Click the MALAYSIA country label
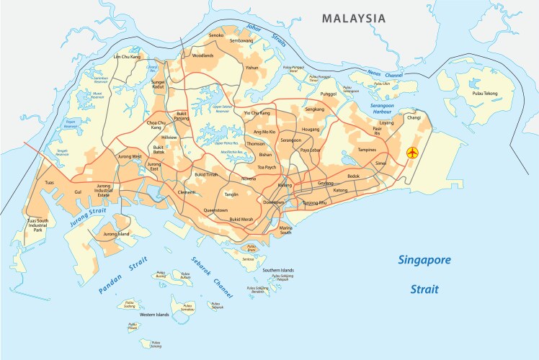[x=354, y=18]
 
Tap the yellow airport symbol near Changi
[x=412, y=153]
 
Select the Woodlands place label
[x=202, y=55]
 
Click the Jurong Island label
[x=117, y=234]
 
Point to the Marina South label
[x=286, y=230]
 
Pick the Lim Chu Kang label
[x=127, y=56]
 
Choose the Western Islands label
[x=154, y=315]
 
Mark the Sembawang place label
[x=241, y=42]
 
